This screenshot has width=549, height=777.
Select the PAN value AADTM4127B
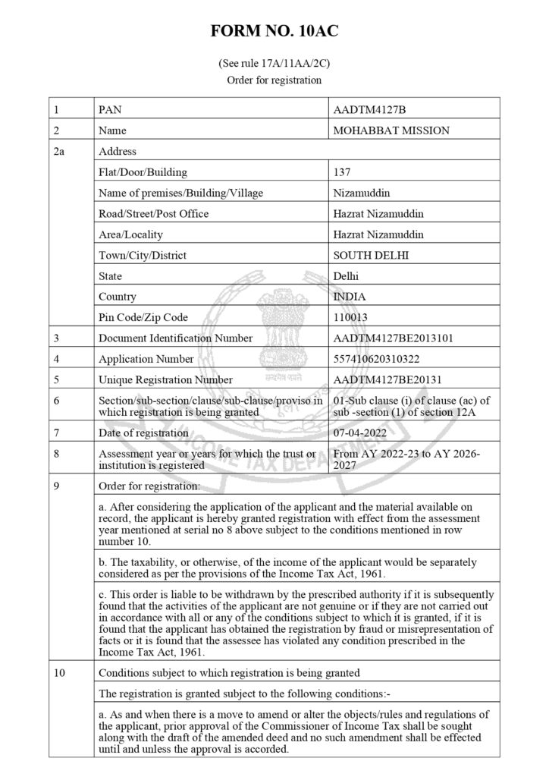pyautogui.click(x=364, y=109)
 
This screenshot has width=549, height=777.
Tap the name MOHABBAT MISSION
pyautogui.click(x=391, y=131)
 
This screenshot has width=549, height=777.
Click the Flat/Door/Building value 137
pyautogui.click(x=341, y=172)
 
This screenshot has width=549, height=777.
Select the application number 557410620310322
pyautogui.click(x=377, y=359)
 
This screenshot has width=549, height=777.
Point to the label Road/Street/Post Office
pyautogui.click(x=154, y=214)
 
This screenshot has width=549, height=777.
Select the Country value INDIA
pyautogui.click(x=349, y=297)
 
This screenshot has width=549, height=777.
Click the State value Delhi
pyautogui.click(x=346, y=276)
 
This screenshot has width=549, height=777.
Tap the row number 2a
pyautogui.click(x=60, y=151)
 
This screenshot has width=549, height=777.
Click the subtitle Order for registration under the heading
pyautogui.click(x=274, y=80)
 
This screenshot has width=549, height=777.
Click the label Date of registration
pyautogui.click(x=143, y=433)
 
